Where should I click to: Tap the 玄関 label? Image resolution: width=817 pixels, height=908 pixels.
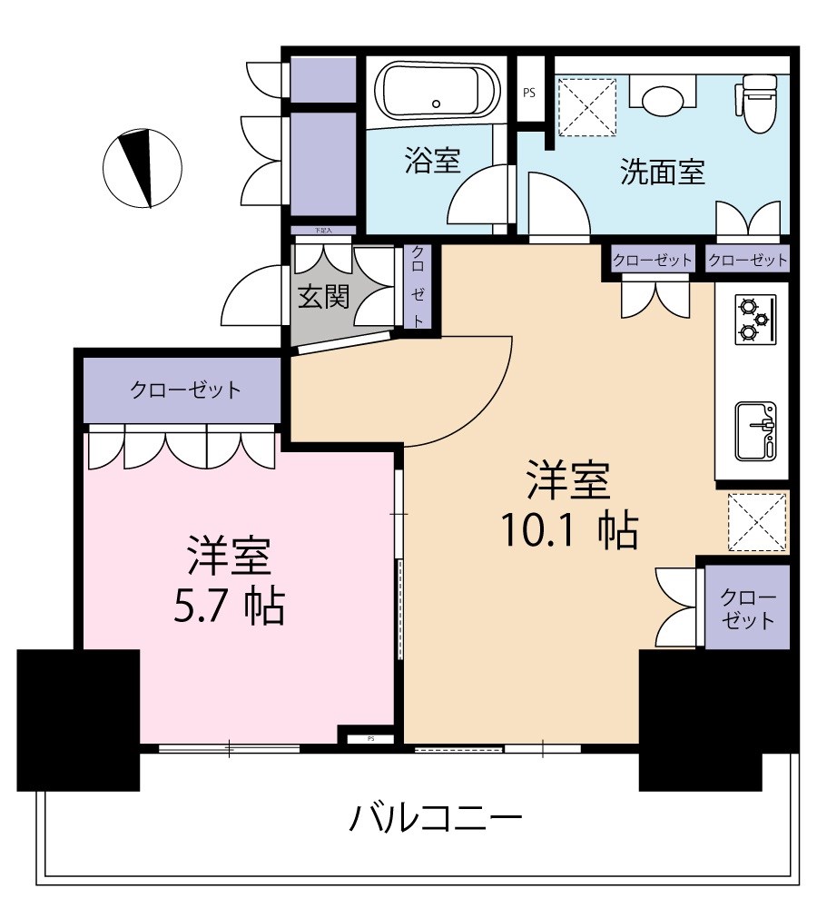coord(324,297)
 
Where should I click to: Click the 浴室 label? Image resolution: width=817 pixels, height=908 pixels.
coord(432,162)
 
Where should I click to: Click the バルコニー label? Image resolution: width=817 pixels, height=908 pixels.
coord(436,820)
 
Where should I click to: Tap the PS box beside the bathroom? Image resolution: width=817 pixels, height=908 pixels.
coord(529,92)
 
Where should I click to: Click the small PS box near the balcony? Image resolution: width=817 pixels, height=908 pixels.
coord(370,738)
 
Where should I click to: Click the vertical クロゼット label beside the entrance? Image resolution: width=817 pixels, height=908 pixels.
coord(418,286)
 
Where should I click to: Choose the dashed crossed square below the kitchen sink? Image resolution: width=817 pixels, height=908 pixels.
coord(757,521)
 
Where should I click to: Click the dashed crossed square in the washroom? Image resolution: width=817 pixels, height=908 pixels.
coord(586,105)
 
